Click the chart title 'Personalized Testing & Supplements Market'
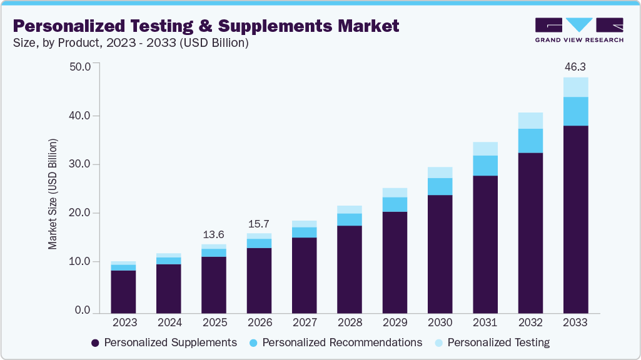point(206,26)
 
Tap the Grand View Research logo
point(579,29)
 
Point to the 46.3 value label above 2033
point(575,66)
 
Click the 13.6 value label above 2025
point(214,234)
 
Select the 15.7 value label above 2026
point(259,224)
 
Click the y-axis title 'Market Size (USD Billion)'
point(53,194)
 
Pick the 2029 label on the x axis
point(395,322)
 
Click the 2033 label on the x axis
point(575,322)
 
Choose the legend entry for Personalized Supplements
point(164,342)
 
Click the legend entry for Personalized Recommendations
point(335,342)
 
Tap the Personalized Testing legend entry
point(492,342)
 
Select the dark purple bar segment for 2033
point(575,219)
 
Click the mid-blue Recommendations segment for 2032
point(530,141)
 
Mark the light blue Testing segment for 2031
point(485,149)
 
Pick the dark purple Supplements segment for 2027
point(304,275)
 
